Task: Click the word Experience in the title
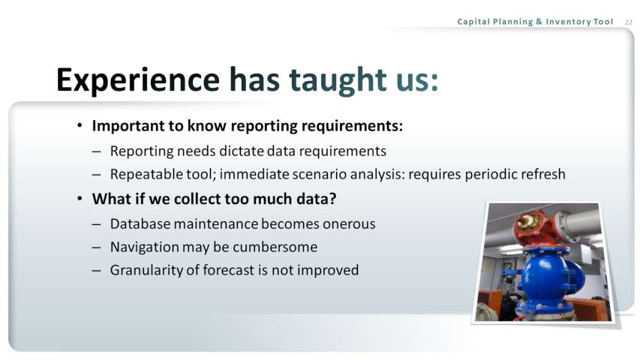138,80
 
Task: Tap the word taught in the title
338,79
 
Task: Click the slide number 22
628,22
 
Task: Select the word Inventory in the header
569,21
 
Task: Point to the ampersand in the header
539,22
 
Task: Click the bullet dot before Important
80,125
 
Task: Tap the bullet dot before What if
80,199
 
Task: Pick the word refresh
543,174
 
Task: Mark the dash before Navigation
96,247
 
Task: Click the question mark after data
332,199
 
